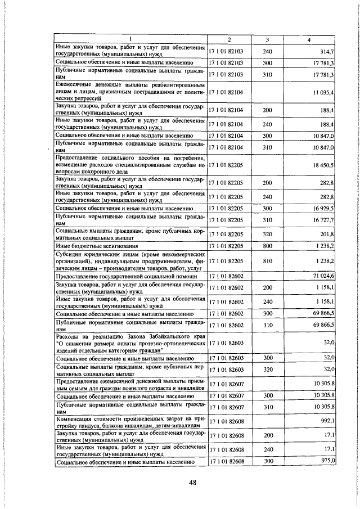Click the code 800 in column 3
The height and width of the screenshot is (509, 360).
[267, 246]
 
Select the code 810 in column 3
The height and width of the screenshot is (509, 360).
[267, 261]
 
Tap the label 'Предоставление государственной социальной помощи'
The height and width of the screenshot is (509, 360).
[127, 276]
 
